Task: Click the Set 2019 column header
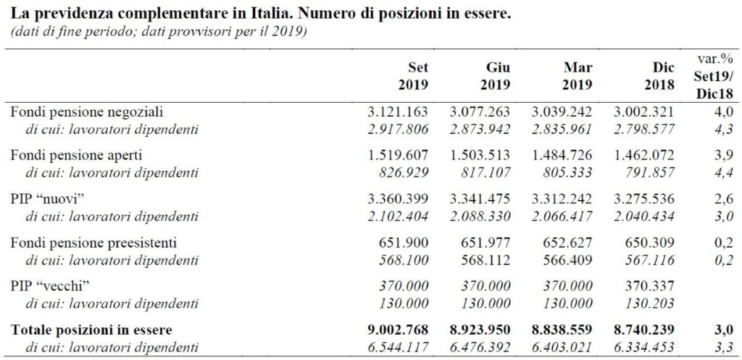[413, 76]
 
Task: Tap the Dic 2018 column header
[659, 76]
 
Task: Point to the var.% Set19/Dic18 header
[714, 75]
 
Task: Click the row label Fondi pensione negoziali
[88, 112]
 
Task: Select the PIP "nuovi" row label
[48, 199]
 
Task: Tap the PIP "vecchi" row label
[51, 286]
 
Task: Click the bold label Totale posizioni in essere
[92, 330]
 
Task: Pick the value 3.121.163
[398, 112]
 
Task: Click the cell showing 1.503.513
[480, 156]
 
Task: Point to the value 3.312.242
[562, 199]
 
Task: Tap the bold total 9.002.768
[398, 330]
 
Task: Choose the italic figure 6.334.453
[643, 347]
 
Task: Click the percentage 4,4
[725, 172]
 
